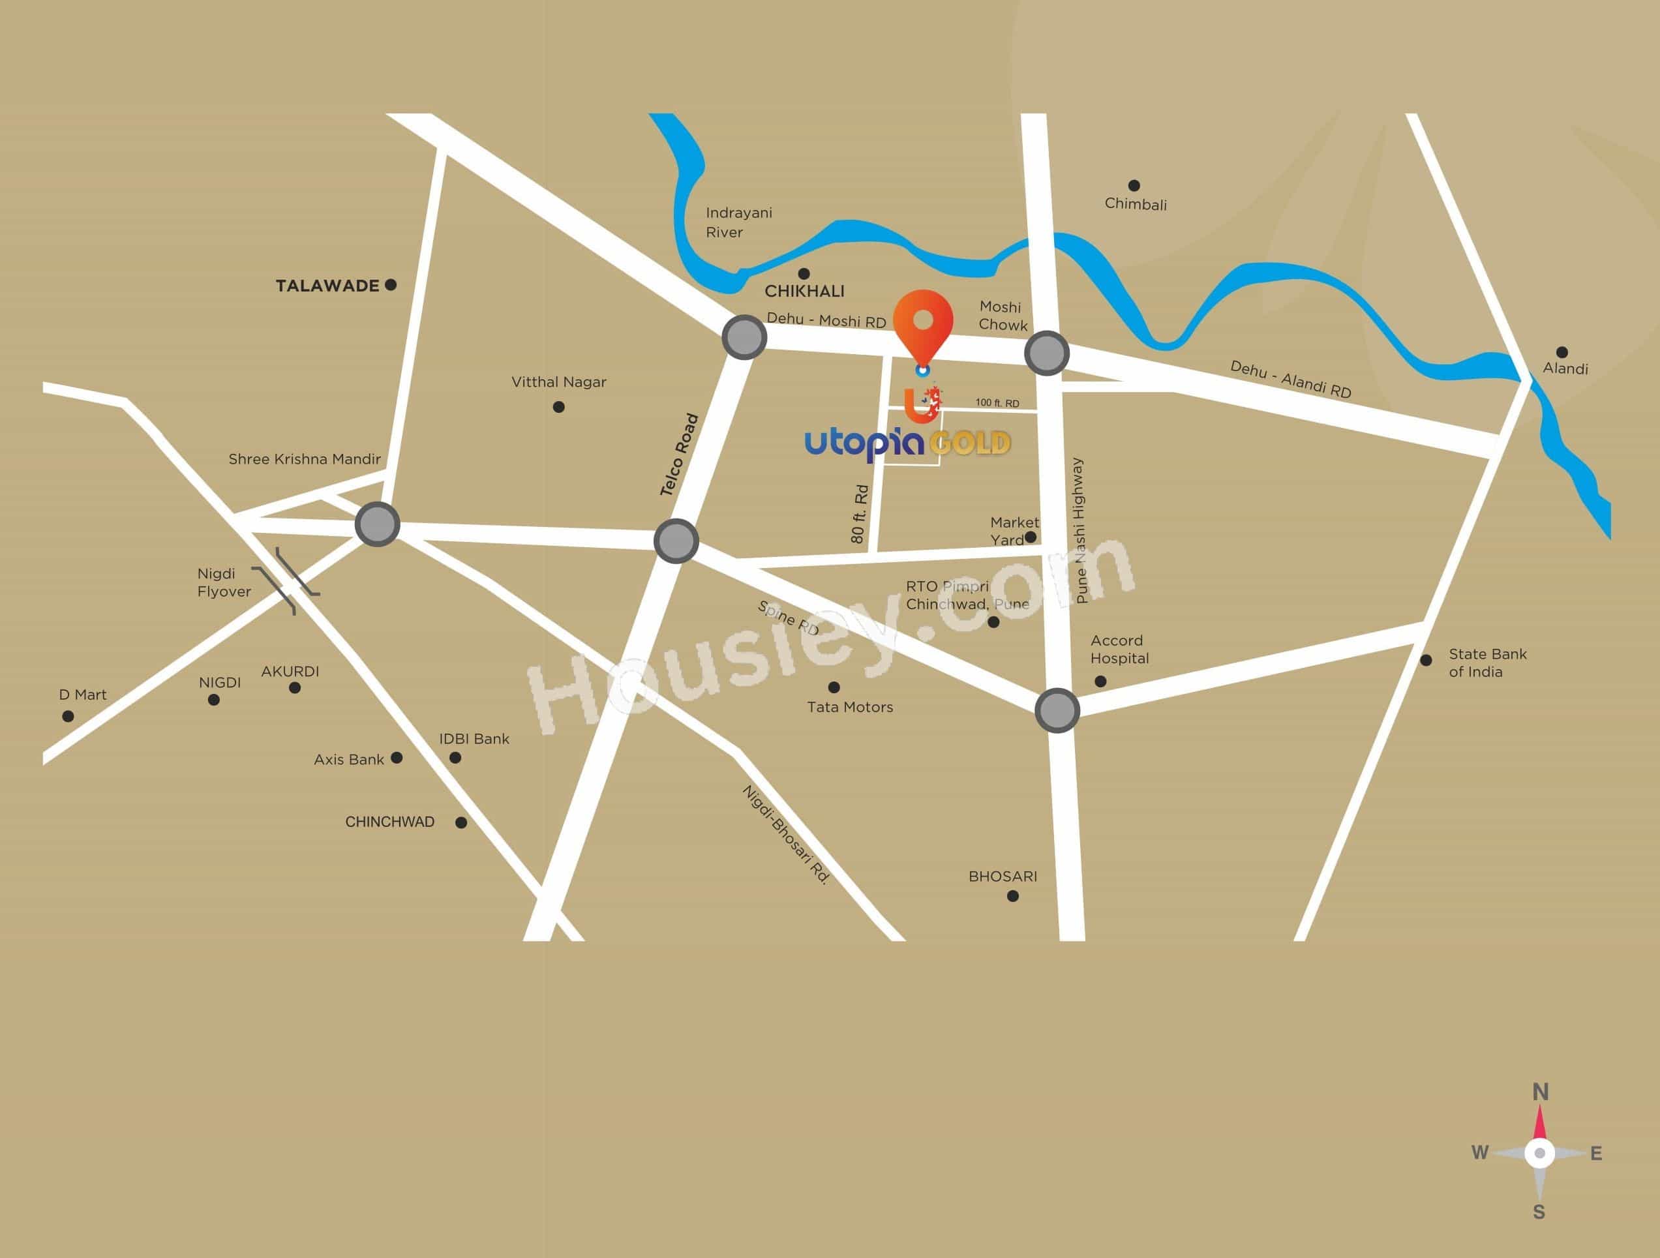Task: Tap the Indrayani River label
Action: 738,222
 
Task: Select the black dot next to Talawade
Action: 390,285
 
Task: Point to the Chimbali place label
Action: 1135,204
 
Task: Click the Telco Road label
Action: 679,455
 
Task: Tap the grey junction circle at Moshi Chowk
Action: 1046,353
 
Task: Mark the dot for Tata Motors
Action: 833,687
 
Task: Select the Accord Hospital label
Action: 1119,649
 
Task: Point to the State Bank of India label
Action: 1486,663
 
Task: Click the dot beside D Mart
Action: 68,717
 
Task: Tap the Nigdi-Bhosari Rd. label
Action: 785,835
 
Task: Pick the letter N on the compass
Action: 1540,1092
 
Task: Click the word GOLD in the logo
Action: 970,443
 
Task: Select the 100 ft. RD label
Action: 997,403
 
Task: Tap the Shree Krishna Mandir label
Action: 304,459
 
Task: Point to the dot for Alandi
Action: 1562,352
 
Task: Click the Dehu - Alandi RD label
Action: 1290,379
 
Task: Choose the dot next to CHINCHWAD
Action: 460,823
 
